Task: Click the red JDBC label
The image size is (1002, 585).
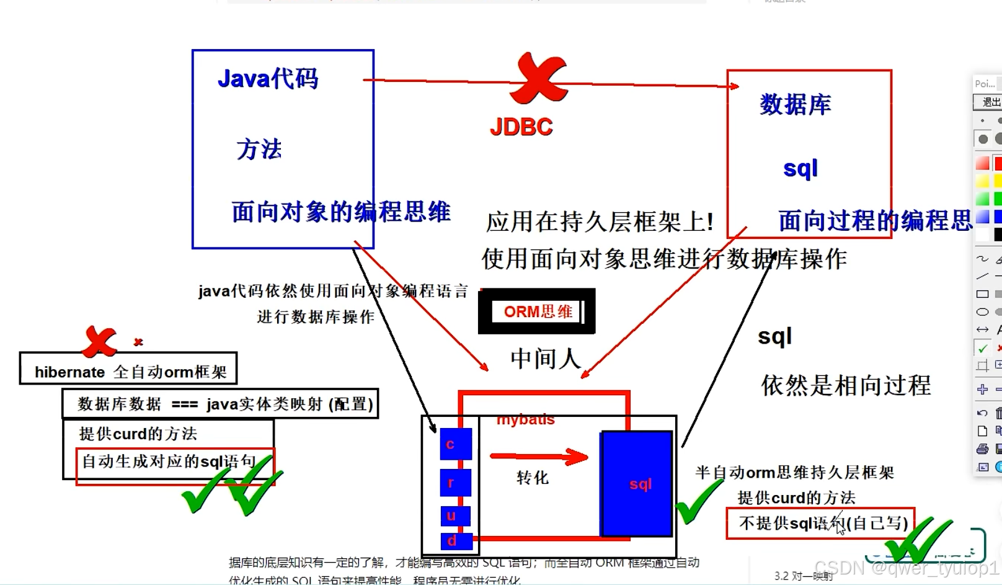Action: (x=521, y=127)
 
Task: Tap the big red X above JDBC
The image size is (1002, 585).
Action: (x=538, y=79)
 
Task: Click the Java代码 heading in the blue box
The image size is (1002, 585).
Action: (x=268, y=79)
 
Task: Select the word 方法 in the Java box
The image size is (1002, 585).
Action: (x=259, y=150)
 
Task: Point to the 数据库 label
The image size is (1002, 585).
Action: (x=796, y=104)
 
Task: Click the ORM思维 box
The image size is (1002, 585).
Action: (x=537, y=311)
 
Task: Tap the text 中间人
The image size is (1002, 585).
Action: (x=545, y=359)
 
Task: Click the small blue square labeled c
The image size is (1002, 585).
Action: (x=456, y=444)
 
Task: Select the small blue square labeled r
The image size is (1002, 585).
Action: (x=456, y=483)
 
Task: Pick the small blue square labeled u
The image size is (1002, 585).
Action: (x=456, y=516)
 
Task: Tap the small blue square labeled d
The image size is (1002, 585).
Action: (x=456, y=541)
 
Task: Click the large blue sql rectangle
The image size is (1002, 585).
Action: (x=637, y=484)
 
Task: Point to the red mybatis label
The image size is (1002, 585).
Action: (x=526, y=420)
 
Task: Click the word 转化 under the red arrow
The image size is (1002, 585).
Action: (x=533, y=478)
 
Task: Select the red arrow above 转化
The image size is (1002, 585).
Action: (x=538, y=457)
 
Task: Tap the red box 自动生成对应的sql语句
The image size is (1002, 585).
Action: (x=175, y=466)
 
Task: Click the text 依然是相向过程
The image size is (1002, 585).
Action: (x=846, y=385)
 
